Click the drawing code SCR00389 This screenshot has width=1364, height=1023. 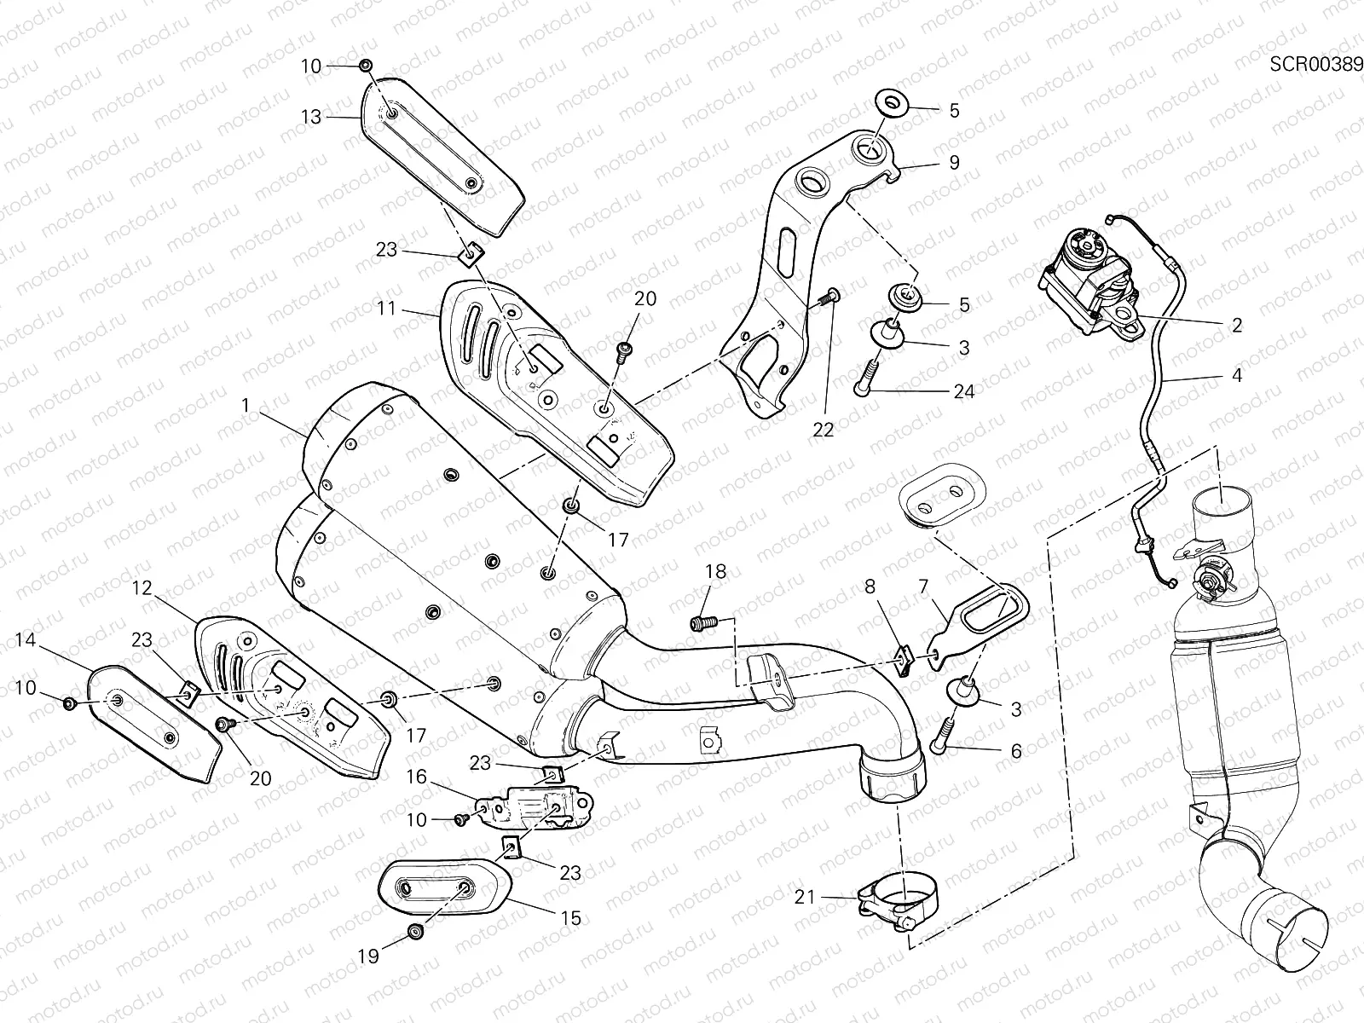point(1315,64)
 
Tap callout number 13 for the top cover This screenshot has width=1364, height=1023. point(311,117)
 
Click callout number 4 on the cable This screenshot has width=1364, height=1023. point(1236,375)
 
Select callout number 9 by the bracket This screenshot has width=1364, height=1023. point(954,162)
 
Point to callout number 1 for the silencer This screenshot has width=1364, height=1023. point(246,407)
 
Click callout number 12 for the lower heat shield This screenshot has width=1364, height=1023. point(141,587)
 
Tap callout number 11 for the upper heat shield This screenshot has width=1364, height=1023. point(387,308)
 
